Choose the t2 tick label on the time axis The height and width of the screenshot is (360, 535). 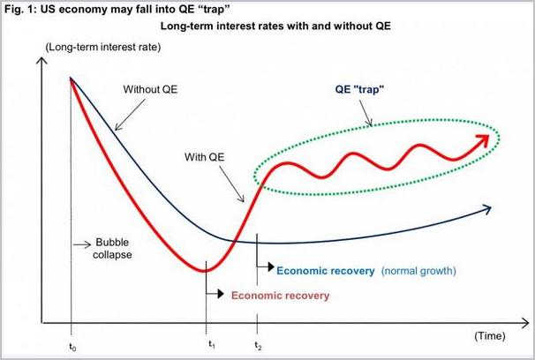pyautogui.click(x=257, y=346)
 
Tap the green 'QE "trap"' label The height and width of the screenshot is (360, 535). pyautogui.click(x=364, y=89)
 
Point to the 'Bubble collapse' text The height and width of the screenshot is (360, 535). pyautogui.click(x=112, y=249)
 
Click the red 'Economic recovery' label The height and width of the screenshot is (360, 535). pyautogui.click(x=280, y=296)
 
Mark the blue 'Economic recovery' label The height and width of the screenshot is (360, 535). pyautogui.click(x=326, y=270)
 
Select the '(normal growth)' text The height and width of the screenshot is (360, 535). pyautogui.click(x=420, y=270)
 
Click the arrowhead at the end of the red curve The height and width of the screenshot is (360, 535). pyautogui.click(x=484, y=139)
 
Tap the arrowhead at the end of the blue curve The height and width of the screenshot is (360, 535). pyautogui.click(x=486, y=208)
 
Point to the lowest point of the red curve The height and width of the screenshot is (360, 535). pyautogui.click(x=207, y=270)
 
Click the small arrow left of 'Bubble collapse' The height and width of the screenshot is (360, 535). pyautogui.click(x=81, y=243)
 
